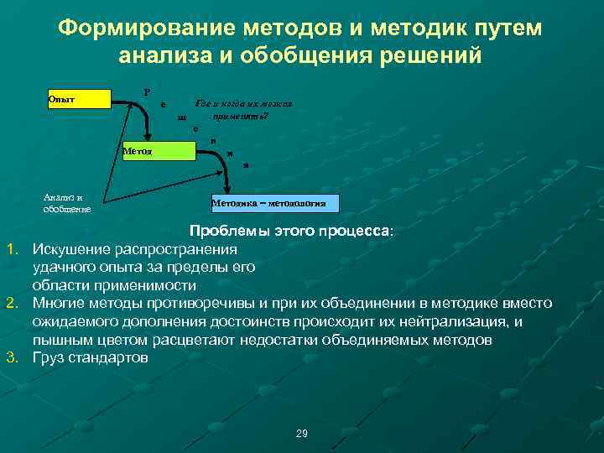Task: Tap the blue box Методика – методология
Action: click(x=274, y=203)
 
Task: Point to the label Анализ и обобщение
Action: click(x=66, y=203)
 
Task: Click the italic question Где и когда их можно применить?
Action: click(x=242, y=108)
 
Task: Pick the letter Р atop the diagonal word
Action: click(x=147, y=92)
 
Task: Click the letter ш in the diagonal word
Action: click(x=180, y=117)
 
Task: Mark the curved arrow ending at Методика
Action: click(x=217, y=172)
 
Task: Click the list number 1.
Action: click(x=13, y=249)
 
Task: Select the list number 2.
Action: click(x=13, y=303)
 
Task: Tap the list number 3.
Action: click(x=13, y=357)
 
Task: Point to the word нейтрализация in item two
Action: click(x=463, y=321)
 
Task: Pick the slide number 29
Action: click(x=302, y=433)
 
